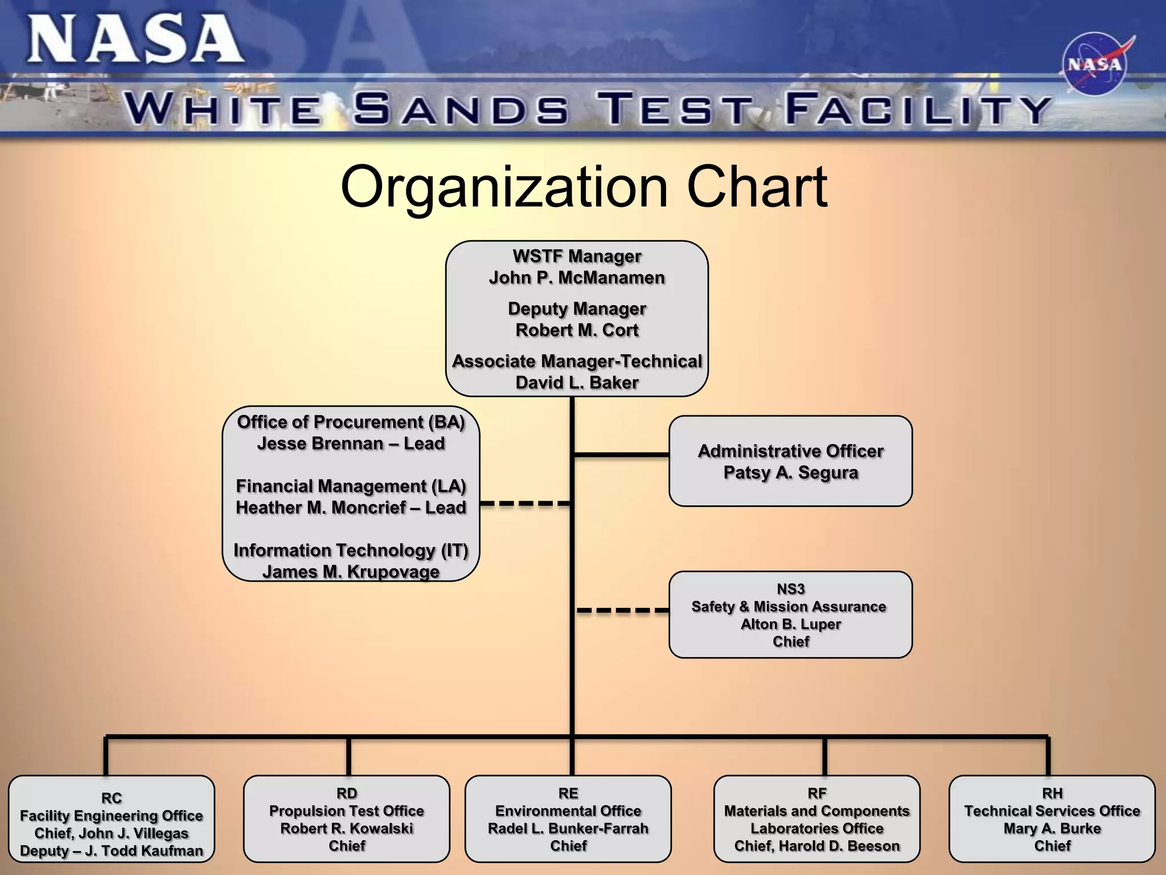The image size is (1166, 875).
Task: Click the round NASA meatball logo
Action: tap(1094, 64)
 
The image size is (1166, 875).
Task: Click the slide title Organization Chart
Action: tap(583, 187)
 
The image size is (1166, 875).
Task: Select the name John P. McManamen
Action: tap(577, 278)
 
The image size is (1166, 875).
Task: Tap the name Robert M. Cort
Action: tap(577, 330)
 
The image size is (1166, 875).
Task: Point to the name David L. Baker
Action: tap(577, 383)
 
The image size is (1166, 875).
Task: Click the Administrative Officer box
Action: tap(790, 461)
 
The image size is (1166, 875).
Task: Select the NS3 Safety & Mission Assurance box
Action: tap(790, 615)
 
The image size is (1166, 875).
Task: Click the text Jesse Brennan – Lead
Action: tap(351, 444)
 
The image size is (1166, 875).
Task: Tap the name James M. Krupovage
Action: tap(351, 572)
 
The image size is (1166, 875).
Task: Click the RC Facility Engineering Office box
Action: tap(112, 819)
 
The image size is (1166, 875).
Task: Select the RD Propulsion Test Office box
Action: tap(346, 819)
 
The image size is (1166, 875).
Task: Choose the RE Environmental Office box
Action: tap(568, 819)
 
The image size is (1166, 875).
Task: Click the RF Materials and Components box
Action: tap(816, 819)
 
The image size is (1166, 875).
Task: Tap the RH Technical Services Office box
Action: tap(1052, 819)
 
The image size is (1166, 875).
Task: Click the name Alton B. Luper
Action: tap(790, 624)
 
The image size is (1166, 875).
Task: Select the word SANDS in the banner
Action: tap(460, 109)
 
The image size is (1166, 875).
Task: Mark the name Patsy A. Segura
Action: tap(790, 473)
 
